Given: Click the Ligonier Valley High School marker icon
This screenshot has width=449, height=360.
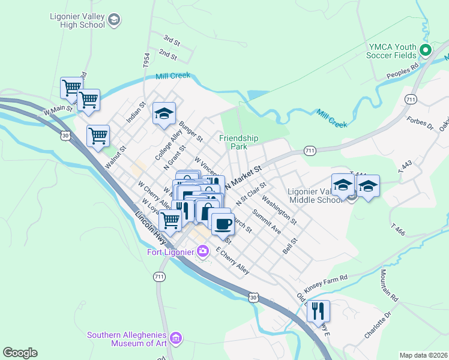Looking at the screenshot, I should click(x=114, y=21).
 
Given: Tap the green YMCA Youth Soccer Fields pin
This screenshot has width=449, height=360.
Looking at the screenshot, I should click(x=426, y=50).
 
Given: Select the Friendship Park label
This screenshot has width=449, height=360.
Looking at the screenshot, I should click(x=238, y=142).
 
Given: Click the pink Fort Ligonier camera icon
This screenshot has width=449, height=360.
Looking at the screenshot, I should click(x=203, y=250).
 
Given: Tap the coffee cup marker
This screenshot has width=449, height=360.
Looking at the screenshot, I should click(x=223, y=224).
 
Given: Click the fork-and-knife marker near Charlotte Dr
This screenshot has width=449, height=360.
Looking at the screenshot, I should click(x=318, y=310).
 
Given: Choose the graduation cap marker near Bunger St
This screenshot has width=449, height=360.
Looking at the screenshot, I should click(x=164, y=113).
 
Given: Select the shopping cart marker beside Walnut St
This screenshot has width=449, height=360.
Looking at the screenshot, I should click(x=98, y=135).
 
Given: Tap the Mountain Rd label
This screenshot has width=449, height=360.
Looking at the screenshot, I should click(x=388, y=286).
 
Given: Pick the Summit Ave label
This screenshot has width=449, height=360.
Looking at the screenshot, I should click(x=267, y=221).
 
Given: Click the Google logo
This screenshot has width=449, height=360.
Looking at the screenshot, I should click(x=20, y=353).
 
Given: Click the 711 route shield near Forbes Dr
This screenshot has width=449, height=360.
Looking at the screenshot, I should click(x=411, y=98).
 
